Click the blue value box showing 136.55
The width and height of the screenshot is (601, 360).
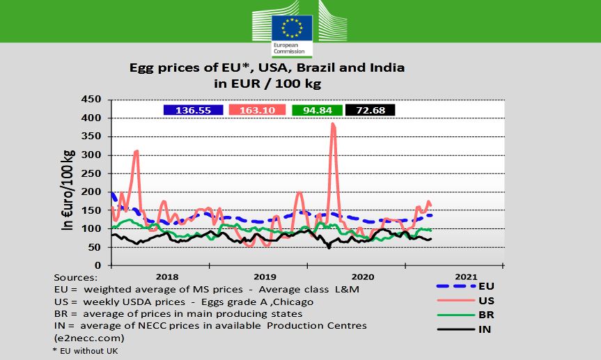point(193,110)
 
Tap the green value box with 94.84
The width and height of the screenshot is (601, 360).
point(317,110)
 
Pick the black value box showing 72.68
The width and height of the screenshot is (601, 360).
point(370,110)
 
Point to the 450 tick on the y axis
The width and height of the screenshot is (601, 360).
point(92,100)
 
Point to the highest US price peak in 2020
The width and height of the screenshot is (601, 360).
point(333,125)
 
